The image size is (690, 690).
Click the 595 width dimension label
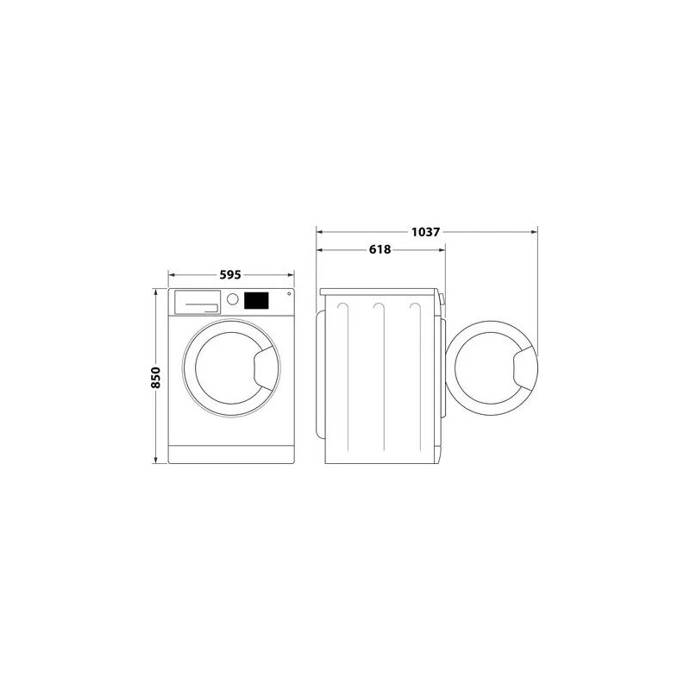click(230, 274)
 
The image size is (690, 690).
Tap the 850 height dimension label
click(156, 377)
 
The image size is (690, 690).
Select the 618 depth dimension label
click(379, 249)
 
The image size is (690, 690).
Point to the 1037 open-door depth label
click(425, 231)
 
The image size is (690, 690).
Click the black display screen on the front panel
click(256, 300)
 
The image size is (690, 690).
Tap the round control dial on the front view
click(232, 299)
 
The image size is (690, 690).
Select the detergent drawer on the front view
click(198, 302)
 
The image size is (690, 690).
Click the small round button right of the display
click(289, 293)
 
